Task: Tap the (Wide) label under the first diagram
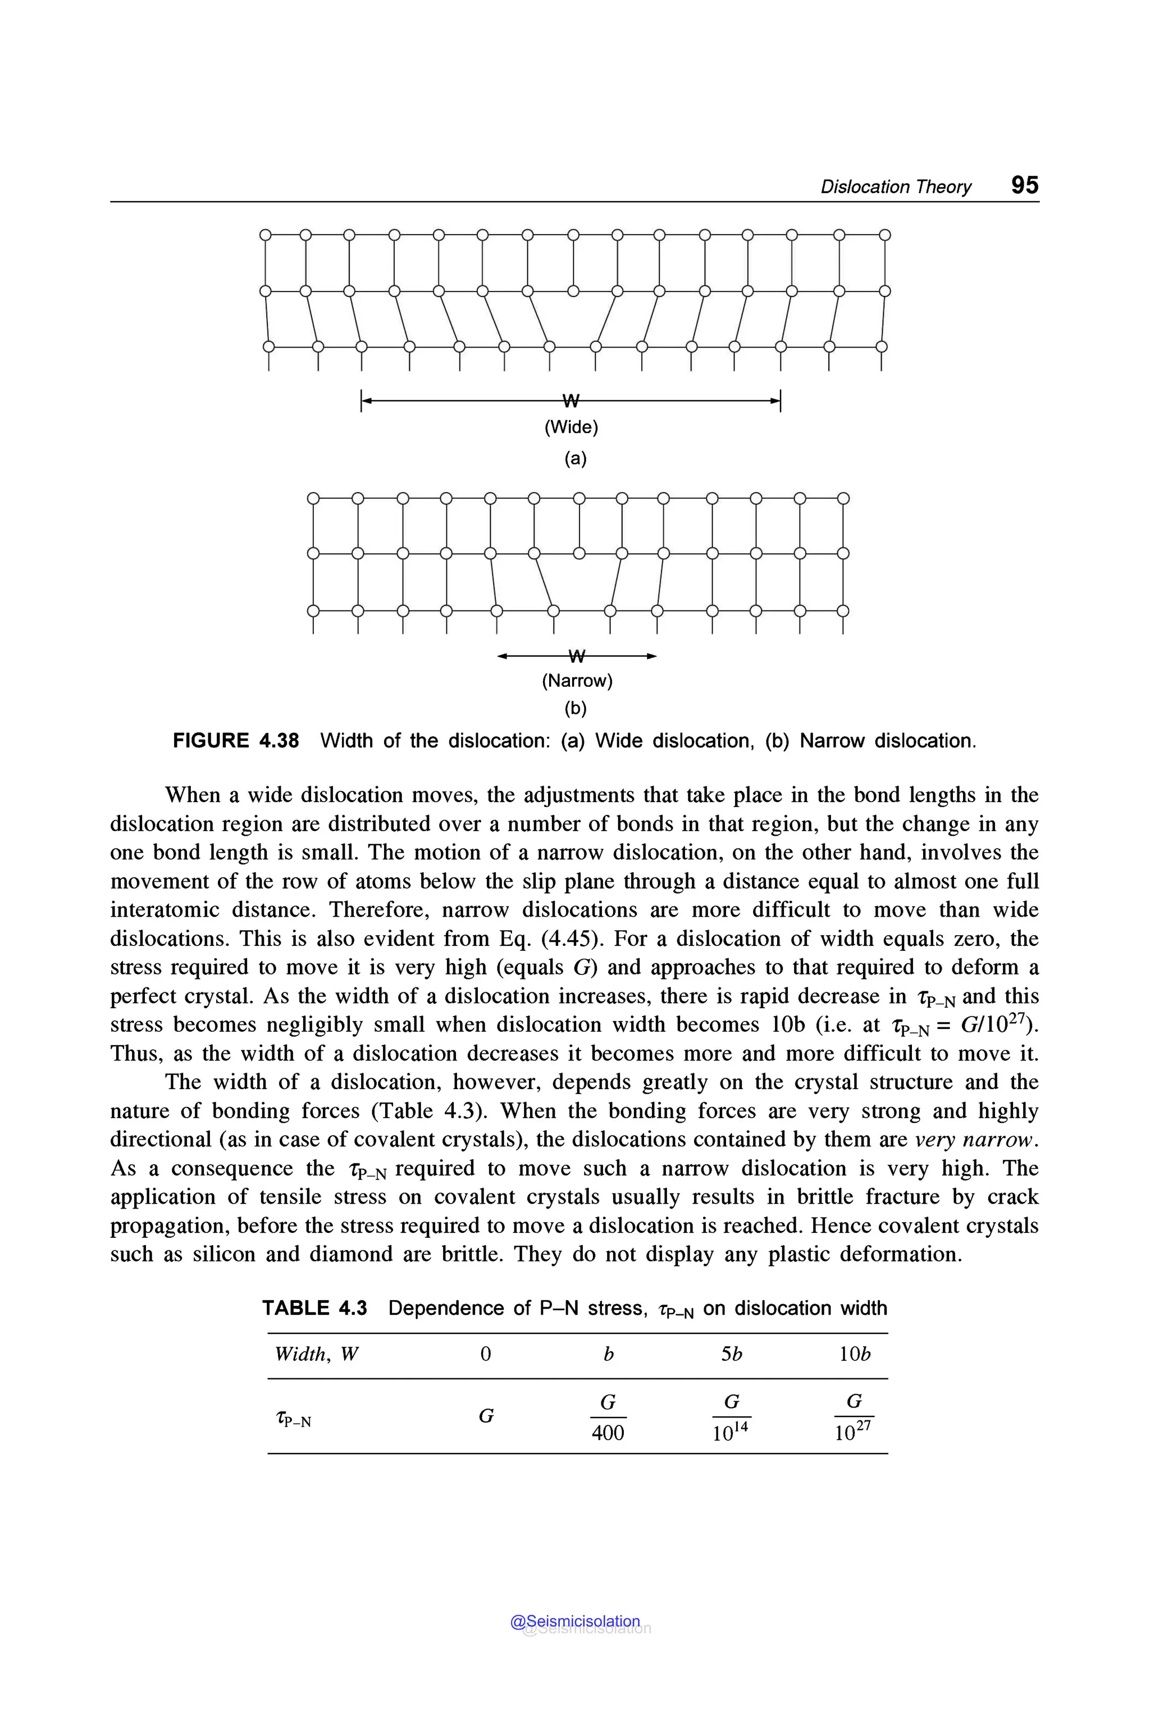(571, 427)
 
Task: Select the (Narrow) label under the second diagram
(577, 681)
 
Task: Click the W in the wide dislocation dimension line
(571, 400)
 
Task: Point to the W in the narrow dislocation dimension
(577, 655)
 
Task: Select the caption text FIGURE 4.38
(235, 740)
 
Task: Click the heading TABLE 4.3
(314, 1308)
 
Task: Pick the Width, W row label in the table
(316, 1354)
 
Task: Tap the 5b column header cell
(731, 1354)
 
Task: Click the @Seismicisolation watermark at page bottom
(575, 1621)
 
